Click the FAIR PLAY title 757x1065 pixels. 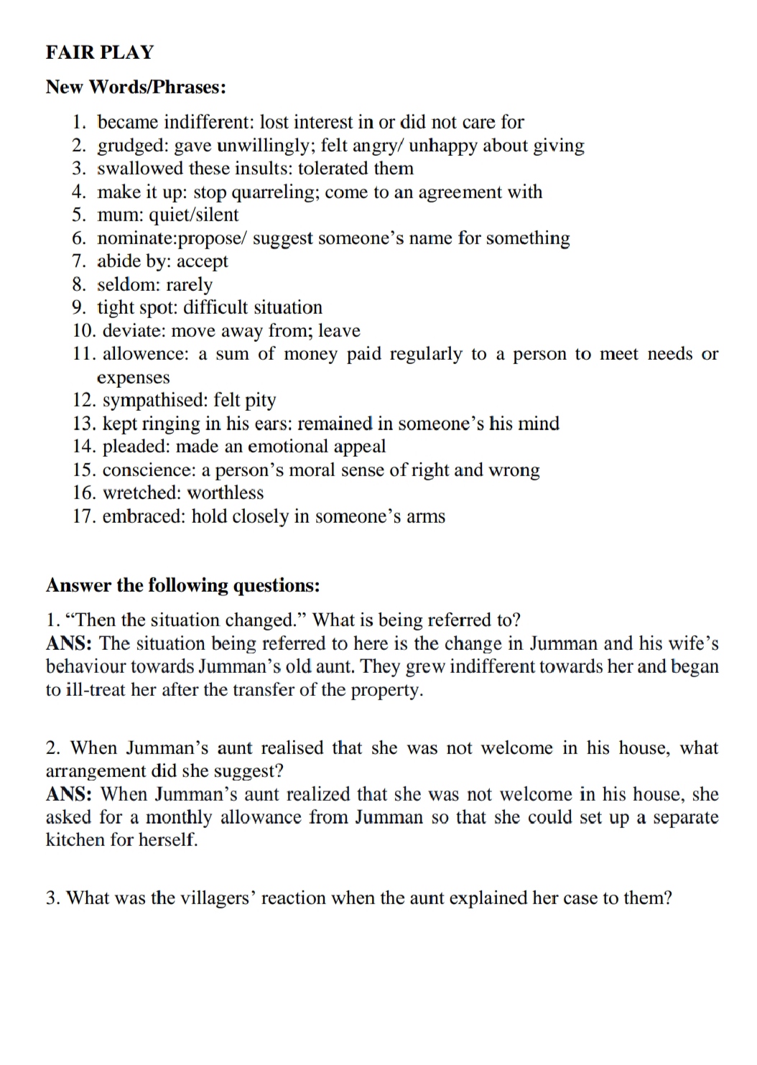pyautogui.click(x=100, y=52)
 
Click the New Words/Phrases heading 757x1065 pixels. pyautogui.click(x=136, y=87)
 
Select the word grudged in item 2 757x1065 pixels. pyautogui.click(x=132, y=146)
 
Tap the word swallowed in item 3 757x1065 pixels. pyautogui.click(x=140, y=169)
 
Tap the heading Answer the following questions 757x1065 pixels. pyautogui.click(x=182, y=585)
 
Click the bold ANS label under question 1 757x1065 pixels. pyautogui.click(x=70, y=643)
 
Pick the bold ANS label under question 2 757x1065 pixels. pyautogui.click(x=70, y=794)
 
